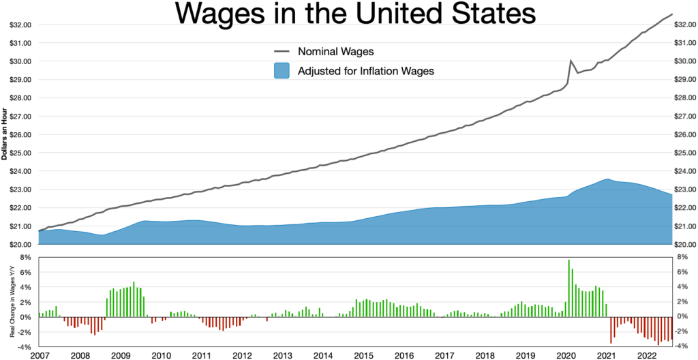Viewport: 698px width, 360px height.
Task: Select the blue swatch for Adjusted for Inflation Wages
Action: (x=280, y=70)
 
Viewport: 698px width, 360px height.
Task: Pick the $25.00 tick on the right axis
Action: (x=682, y=153)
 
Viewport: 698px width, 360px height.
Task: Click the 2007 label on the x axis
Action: (x=39, y=355)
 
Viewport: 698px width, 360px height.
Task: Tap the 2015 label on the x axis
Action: (x=363, y=355)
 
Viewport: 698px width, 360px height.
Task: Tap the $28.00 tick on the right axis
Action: (x=682, y=98)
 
